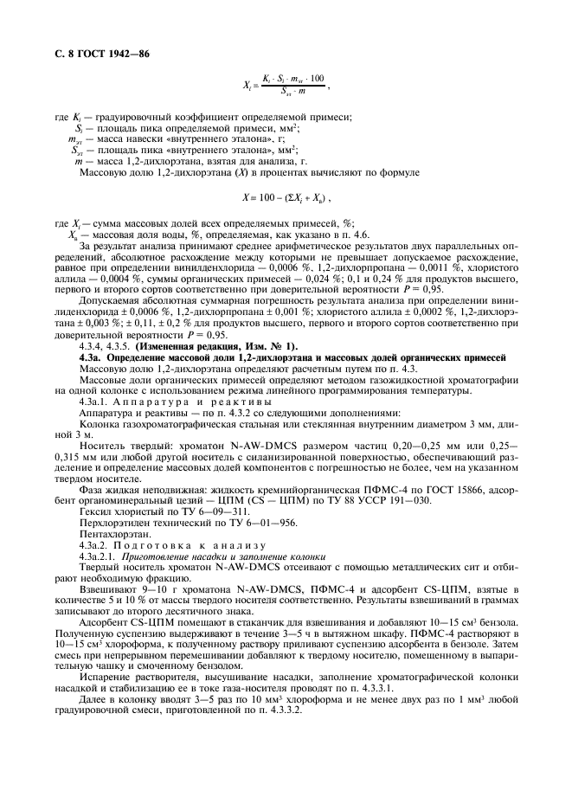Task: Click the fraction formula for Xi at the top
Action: click(x=285, y=84)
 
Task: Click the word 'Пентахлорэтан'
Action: click(x=112, y=534)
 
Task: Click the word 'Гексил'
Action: click(x=94, y=511)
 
